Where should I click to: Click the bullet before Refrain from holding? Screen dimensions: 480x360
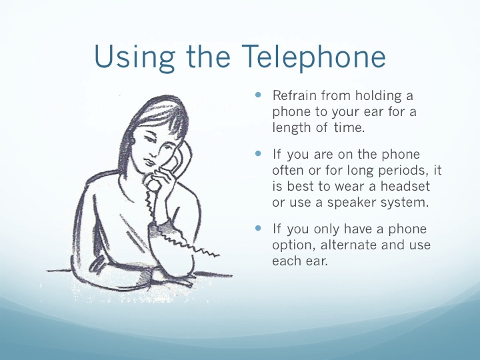coord(258,95)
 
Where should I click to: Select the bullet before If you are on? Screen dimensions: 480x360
coord(258,153)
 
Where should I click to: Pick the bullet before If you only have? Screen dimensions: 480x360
coord(258,228)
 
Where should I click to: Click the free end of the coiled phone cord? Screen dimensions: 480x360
coord(219,255)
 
